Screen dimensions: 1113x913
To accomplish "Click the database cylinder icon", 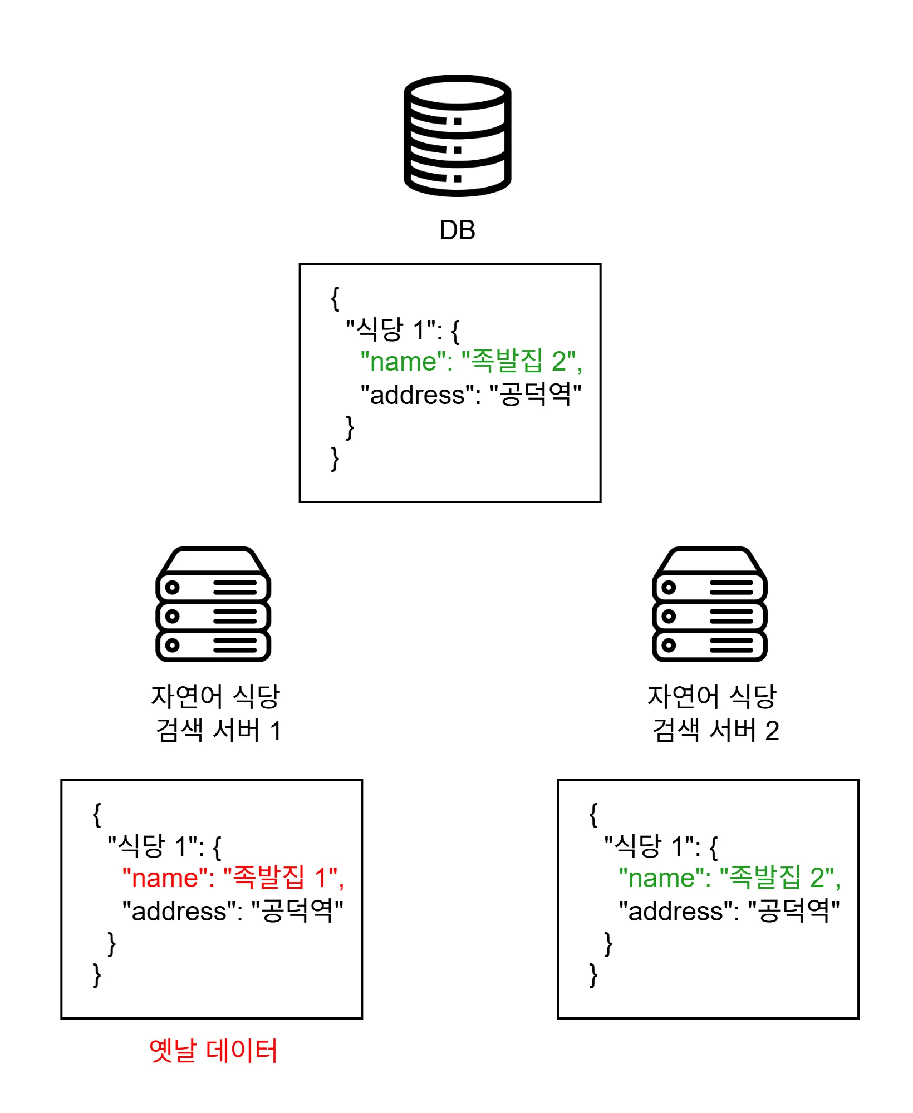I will coord(457,135).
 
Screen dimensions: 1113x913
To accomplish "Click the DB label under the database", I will coord(457,230).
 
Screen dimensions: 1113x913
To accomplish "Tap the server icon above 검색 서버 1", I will coord(213,604).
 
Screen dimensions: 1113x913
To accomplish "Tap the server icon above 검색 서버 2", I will coord(709,604).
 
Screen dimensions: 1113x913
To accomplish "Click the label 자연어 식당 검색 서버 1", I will coord(216,713).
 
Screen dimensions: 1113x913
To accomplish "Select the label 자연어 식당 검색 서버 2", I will coord(713,713).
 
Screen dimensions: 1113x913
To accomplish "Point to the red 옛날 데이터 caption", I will coord(213,1051).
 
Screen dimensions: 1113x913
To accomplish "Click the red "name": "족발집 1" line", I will coord(233,878).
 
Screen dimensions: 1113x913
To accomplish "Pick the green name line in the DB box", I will coord(471,361).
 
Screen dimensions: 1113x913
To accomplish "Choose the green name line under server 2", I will coord(729,878).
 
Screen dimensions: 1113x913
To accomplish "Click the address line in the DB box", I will coord(471,395).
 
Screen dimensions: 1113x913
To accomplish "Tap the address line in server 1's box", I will coord(233,911).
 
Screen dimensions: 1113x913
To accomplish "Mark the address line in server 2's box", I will coord(729,911).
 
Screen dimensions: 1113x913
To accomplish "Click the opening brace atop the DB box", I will coord(335,298).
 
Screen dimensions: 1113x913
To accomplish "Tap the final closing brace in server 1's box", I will coord(97,975).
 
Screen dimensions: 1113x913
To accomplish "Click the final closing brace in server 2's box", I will coord(593,975).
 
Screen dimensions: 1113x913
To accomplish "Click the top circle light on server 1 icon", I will coord(173,587).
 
